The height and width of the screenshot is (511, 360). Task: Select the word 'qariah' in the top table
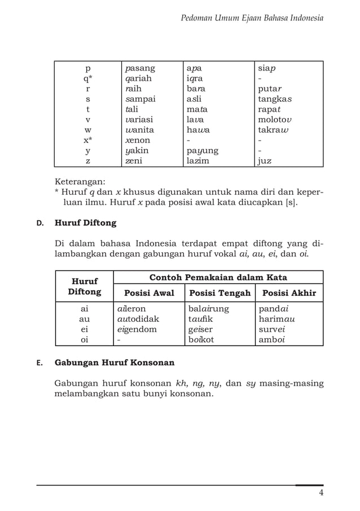click(138, 79)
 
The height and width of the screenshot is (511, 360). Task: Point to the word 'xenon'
click(138, 140)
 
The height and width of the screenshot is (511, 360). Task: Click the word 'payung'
click(203, 151)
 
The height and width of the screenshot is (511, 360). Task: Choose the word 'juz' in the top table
click(265, 161)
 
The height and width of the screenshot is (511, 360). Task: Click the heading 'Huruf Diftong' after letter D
click(85, 222)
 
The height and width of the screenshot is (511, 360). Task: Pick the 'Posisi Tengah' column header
click(220, 293)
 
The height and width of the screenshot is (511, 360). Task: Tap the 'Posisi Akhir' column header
click(289, 293)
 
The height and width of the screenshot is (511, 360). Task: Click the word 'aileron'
click(132, 309)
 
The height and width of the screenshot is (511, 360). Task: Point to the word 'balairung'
click(208, 309)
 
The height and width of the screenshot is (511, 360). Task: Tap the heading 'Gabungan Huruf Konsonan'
click(114, 362)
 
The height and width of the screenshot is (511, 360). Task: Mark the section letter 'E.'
click(40, 362)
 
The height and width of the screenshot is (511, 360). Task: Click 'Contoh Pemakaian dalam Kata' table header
click(218, 277)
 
